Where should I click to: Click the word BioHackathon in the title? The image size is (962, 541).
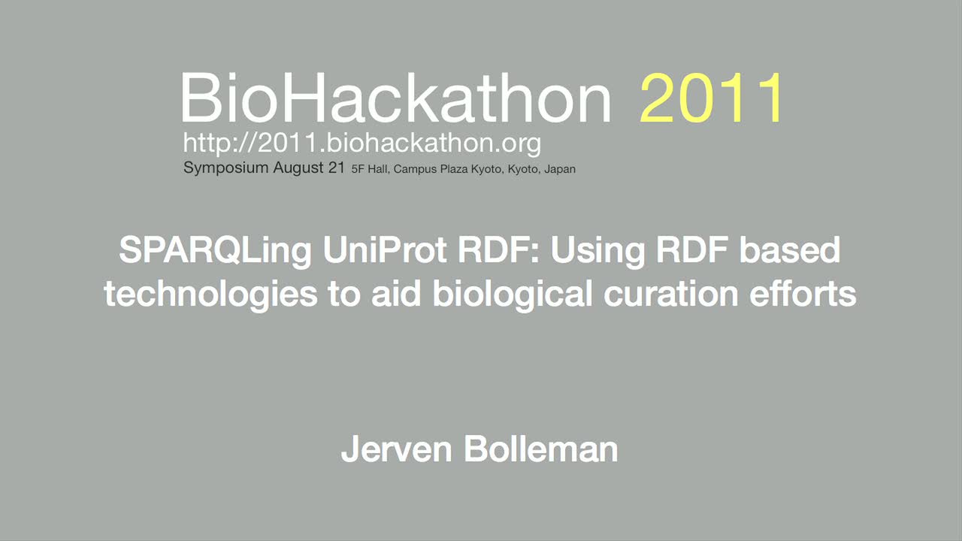click(395, 98)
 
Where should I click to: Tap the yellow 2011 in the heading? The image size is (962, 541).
click(711, 98)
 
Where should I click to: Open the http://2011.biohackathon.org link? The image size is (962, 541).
click(362, 144)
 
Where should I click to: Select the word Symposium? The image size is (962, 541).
click(226, 168)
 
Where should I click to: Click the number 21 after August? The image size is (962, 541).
click(337, 168)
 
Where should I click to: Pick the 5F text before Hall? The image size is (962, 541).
click(358, 169)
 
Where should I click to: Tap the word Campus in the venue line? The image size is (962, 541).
click(415, 170)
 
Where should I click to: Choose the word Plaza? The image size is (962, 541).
click(454, 169)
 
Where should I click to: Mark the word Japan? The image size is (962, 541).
click(560, 170)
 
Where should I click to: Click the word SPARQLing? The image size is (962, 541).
click(215, 251)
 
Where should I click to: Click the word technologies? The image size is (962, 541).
click(211, 295)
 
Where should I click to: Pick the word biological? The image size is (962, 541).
click(513, 295)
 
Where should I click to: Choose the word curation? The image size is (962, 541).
click(671, 294)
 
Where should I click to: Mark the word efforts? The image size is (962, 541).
click(803, 294)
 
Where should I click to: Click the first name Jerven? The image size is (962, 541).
click(396, 449)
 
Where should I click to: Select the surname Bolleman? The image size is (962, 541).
click(540, 449)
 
